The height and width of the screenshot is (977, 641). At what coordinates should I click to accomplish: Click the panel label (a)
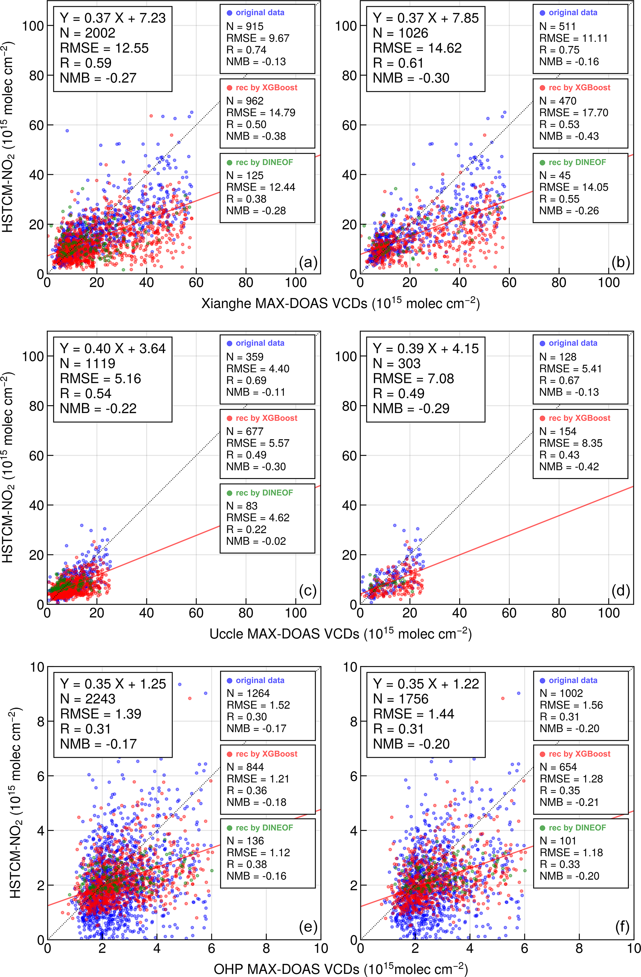coord(308,262)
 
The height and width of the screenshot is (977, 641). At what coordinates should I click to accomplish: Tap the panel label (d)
coord(621,591)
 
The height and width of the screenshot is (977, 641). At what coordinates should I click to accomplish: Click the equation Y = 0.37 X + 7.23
coord(113,18)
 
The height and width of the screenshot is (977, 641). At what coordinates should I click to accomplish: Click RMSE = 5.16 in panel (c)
coord(100,379)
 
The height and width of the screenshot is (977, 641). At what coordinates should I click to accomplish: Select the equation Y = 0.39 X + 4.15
coord(425,349)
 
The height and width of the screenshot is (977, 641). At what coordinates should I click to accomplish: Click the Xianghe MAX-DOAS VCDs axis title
coord(340,303)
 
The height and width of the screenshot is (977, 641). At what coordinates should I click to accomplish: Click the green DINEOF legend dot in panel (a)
coord(229,162)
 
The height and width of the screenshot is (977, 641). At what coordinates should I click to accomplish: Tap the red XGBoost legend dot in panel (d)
coord(542,418)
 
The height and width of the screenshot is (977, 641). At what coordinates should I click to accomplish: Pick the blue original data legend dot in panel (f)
coord(542,681)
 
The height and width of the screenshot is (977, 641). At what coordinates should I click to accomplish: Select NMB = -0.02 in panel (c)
coord(256,541)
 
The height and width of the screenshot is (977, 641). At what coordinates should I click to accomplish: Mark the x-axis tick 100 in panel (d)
coord(608,613)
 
